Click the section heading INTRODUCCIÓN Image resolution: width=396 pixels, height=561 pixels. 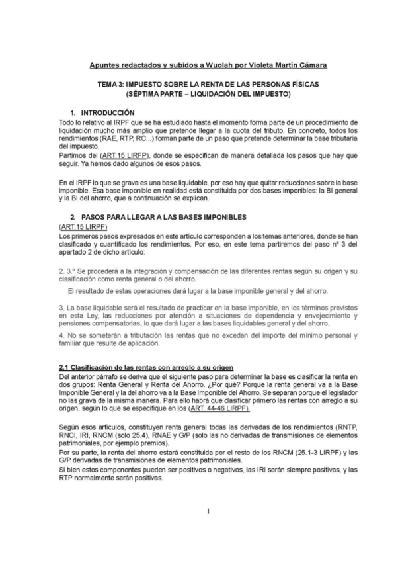(x=108, y=114)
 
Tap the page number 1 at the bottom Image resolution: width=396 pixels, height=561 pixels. (x=207, y=511)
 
